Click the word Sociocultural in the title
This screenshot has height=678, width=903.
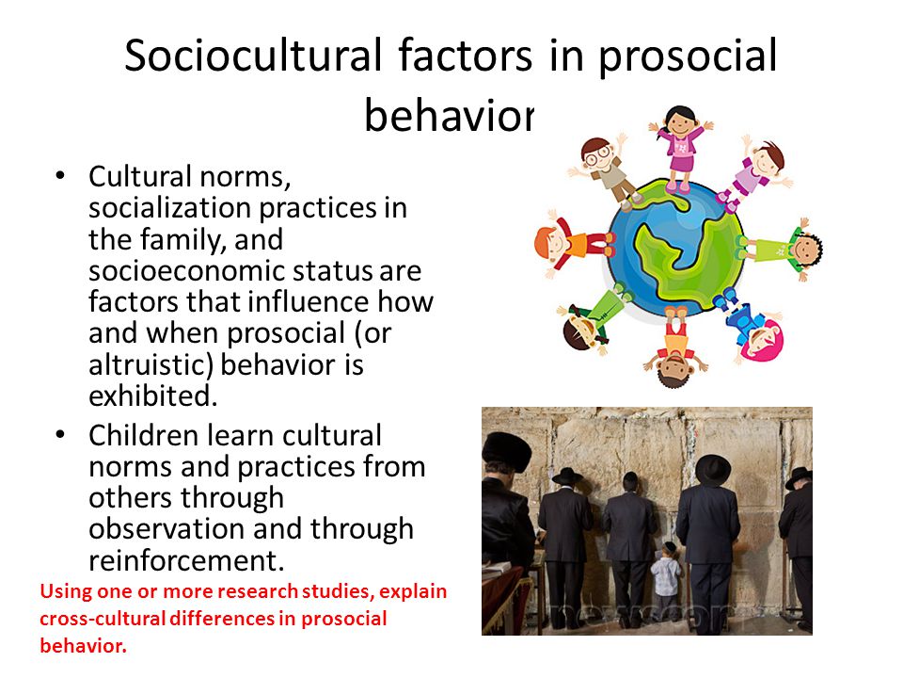(253, 56)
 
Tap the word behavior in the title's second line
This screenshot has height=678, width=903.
(450, 115)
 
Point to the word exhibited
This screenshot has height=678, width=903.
(152, 396)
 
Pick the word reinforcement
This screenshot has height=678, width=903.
(186, 560)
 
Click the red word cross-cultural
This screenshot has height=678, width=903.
(103, 619)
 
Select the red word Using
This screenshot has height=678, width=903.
(66, 592)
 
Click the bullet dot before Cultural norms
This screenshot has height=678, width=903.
(60, 176)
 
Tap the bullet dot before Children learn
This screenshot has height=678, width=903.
(60, 435)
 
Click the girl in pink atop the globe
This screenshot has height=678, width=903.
(681, 147)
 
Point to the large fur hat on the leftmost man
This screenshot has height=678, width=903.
(506, 451)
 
